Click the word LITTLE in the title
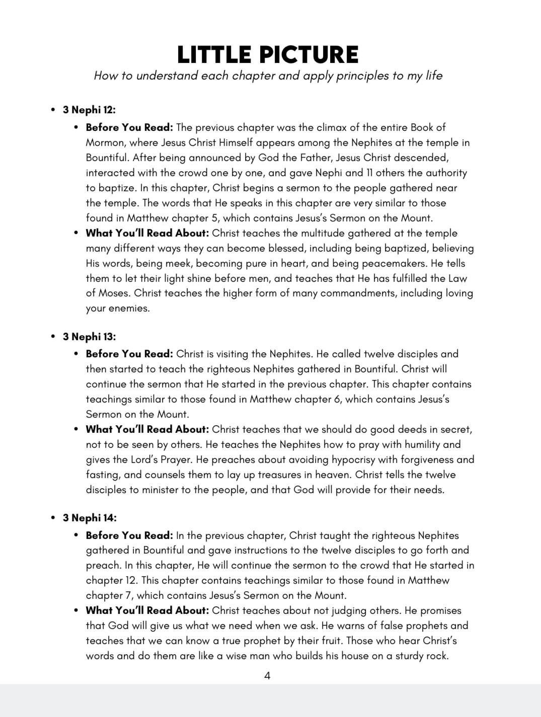tap(214, 55)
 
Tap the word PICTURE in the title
tap(306, 55)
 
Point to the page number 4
tap(267, 676)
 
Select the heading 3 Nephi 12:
tap(89, 110)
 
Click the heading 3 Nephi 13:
tap(89, 337)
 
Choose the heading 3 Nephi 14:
tap(89, 518)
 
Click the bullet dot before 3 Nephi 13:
tap(53, 337)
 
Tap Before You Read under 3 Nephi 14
tap(129, 535)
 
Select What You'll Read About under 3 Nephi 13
tap(147, 429)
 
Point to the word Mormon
tap(106, 142)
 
